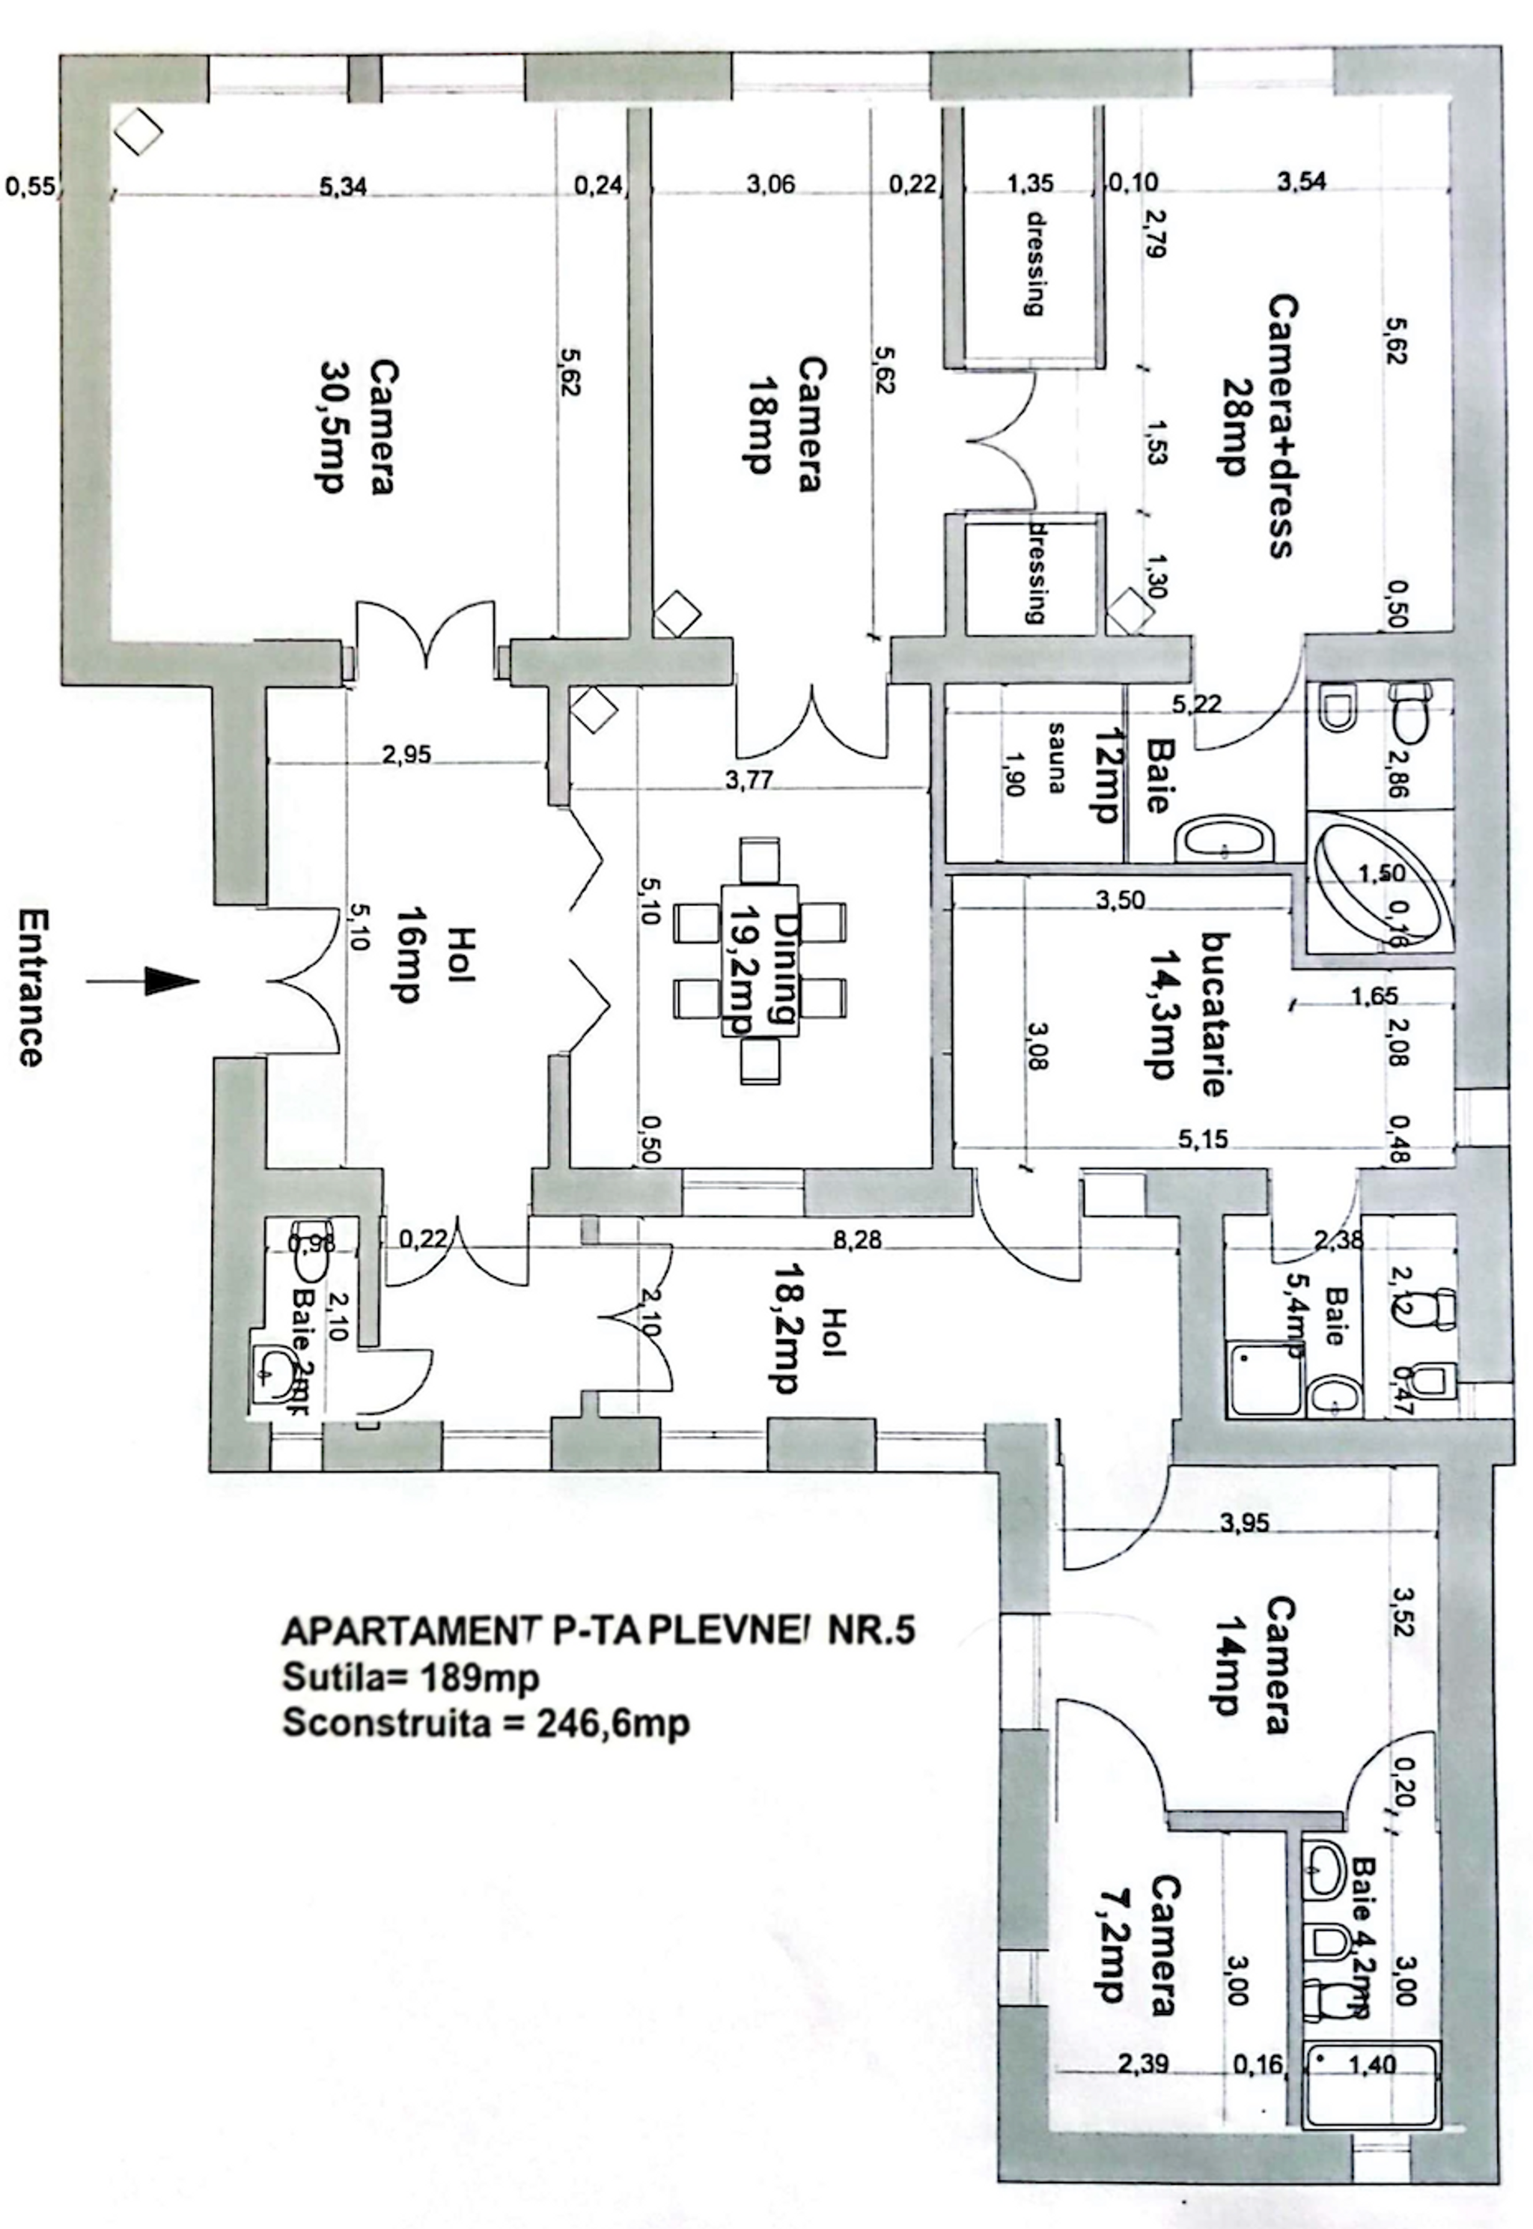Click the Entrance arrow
(x=144, y=981)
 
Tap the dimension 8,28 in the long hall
(x=857, y=1239)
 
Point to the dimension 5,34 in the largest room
(x=343, y=186)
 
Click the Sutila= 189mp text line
(x=410, y=1676)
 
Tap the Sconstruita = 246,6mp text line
(x=485, y=1723)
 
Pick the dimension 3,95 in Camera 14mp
(x=1244, y=1522)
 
